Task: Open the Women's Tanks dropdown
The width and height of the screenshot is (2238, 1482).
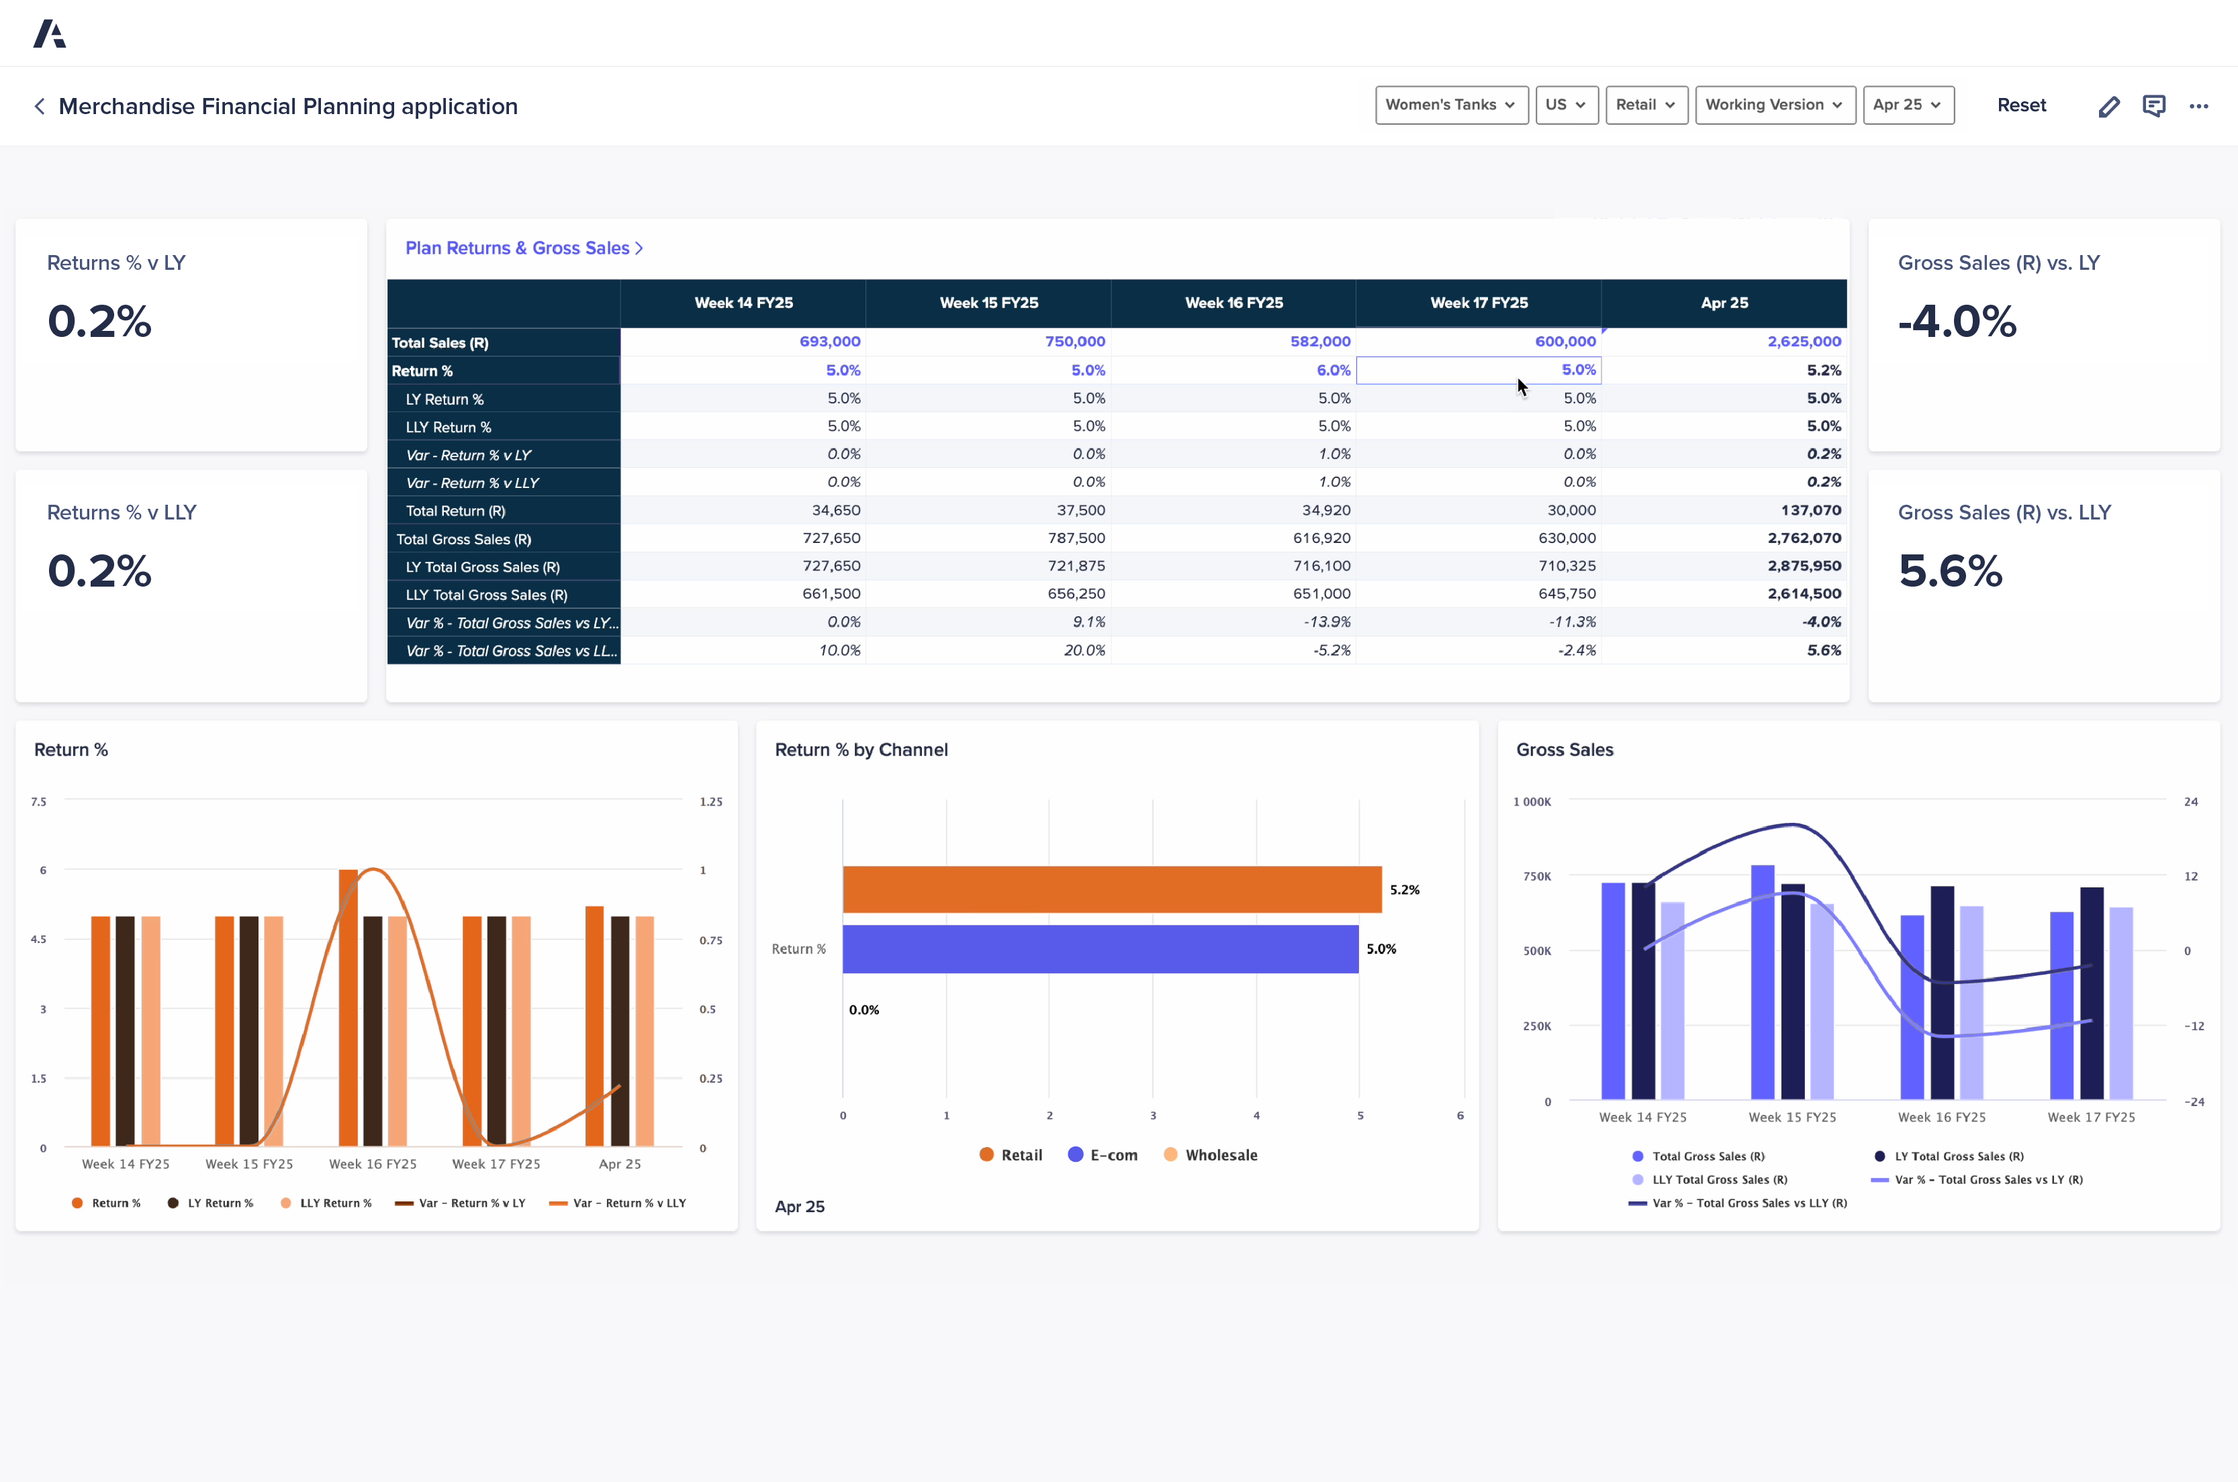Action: click(x=1450, y=105)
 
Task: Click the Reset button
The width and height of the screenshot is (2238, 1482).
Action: click(x=2020, y=105)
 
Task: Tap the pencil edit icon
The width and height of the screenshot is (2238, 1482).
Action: click(x=2108, y=106)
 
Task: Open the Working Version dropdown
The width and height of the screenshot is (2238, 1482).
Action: click(x=1774, y=105)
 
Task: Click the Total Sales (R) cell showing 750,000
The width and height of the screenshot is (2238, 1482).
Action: click(x=1074, y=341)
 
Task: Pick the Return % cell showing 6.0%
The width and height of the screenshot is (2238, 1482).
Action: click(x=1332, y=370)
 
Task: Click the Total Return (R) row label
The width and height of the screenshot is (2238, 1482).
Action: click(x=456, y=510)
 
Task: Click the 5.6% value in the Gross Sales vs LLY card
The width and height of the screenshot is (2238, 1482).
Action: click(x=1950, y=571)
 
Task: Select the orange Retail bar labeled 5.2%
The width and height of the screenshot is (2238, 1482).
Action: click(x=1111, y=889)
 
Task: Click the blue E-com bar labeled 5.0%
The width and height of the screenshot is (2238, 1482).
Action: click(x=1100, y=949)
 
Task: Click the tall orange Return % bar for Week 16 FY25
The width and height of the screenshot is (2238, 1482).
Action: click(x=348, y=1007)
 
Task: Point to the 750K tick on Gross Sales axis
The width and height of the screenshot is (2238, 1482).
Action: click(x=1536, y=876)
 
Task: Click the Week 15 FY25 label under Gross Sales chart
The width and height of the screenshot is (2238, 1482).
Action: click(x=1791, y=1117)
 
